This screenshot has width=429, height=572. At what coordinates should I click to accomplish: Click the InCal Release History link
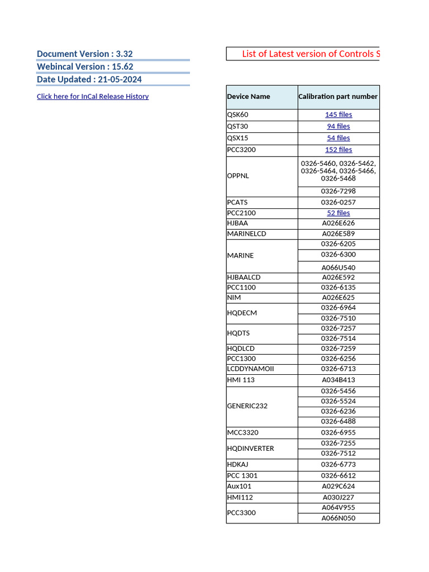point(93,97)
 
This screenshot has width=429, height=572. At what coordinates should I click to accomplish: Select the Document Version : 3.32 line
point(85,54)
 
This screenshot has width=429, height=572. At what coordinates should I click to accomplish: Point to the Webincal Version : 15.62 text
point(85,66)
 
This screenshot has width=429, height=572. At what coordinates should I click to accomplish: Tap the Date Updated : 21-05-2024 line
point(89,79)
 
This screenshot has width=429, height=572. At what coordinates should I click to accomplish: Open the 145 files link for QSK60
point(339,115)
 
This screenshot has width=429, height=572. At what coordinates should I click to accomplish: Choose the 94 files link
point(339,126)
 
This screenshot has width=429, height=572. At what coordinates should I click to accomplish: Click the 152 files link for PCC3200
point(339,150)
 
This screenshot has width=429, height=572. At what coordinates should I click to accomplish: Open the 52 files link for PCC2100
point(339,213)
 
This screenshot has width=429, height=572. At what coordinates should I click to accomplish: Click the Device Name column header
point(249,97)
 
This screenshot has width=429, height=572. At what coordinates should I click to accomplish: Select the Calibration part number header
point(338,97)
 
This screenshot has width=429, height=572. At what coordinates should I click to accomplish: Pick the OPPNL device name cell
point(238,176)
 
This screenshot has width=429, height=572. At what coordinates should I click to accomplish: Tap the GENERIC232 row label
point(247,406)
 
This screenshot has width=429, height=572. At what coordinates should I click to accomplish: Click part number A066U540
point(339,268)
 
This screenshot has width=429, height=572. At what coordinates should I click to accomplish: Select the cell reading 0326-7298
point(339,192)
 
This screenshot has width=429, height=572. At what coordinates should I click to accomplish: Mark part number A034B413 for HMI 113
point(339,380)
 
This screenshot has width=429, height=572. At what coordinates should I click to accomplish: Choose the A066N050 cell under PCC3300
point(339,518)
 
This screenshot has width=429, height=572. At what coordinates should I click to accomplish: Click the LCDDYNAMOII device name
point(250,369)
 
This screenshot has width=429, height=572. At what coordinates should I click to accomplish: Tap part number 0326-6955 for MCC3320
point(339,433)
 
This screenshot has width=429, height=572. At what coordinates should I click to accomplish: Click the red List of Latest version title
point(311,54)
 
